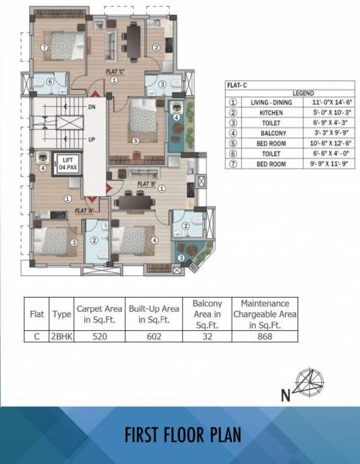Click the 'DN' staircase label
click(92, 107)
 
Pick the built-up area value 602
click(150, 336)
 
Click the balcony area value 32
click(207, 336)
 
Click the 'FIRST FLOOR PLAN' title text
click(180, 435)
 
